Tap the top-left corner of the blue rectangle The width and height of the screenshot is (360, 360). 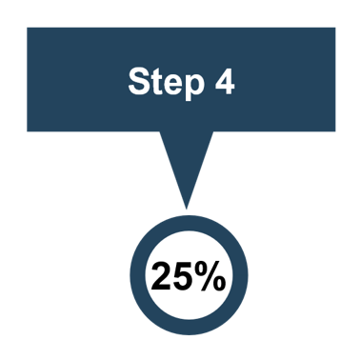click(28, 28)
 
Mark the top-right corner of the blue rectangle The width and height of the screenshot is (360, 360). click(335, 28)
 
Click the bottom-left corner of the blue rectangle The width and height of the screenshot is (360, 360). click(28, 130)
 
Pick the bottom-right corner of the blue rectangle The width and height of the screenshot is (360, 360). click(335, 130)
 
